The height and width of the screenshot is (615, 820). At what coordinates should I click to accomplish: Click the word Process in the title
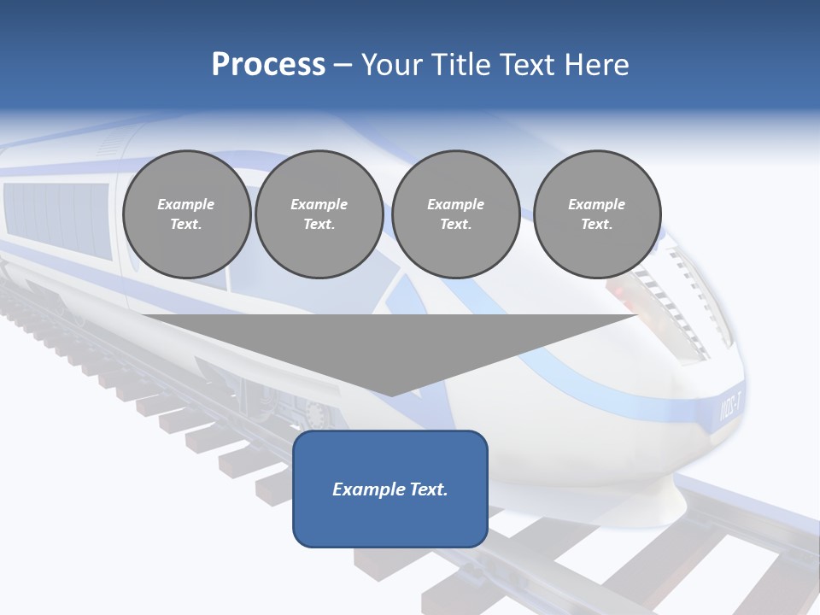click(268, 65)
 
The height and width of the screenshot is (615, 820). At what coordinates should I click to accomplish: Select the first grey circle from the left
click(186, 214)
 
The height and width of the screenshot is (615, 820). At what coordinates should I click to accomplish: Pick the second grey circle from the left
click(319, 214)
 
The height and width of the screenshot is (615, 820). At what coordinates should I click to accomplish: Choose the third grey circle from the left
click(455, 214)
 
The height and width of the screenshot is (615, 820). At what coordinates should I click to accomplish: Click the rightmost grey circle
click(596, 214)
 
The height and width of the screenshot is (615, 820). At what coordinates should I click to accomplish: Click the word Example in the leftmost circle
click(186, 204)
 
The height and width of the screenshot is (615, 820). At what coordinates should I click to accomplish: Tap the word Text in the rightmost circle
click(596, 224)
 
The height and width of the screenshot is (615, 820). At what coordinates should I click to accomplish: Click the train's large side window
click(56, 218)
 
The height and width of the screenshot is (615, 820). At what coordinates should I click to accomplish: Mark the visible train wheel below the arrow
click(317, 414)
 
